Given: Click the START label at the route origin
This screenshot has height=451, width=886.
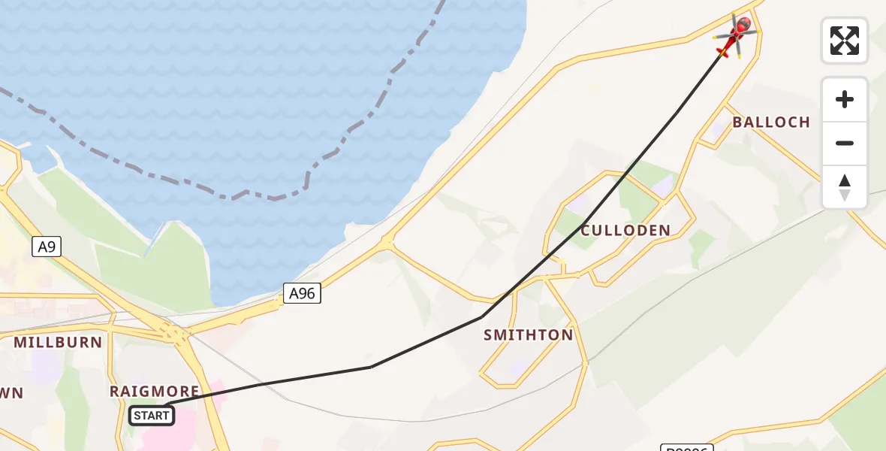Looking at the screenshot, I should (x=152, y=415).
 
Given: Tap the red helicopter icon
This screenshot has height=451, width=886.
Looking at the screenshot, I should (x=735, y=36).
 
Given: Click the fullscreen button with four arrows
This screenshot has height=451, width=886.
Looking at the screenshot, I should (x=845, y=41).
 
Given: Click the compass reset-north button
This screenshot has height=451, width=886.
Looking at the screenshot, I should (x=845, y=187).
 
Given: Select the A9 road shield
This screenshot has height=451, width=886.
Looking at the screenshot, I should (x=47, y=247).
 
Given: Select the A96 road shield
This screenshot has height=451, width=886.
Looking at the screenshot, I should (x=302, y=294).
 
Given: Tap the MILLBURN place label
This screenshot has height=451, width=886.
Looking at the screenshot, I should (x=58, y=343).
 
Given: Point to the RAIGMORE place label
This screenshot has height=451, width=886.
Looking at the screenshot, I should (x=155, y=392).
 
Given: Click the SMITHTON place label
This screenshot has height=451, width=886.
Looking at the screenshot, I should (x=529, y=335).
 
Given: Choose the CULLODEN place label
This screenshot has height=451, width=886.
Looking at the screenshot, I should (x=625, y=231).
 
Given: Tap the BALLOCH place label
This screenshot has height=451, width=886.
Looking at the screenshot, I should (x=771, y=123).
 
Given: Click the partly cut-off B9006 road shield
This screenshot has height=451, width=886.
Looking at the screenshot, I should (x=686, y=448).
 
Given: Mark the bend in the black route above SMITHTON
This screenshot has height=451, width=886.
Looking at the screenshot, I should (x=481, y=317).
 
